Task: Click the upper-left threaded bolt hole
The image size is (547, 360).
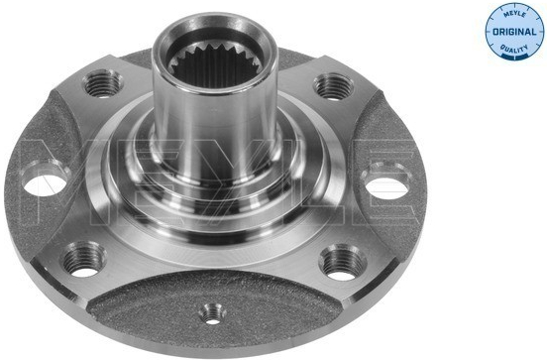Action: (103, 83)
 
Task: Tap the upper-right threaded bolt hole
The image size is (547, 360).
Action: (333, 86)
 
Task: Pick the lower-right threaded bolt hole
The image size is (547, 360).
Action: (343, 262)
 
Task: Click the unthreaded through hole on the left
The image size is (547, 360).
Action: (46, 182)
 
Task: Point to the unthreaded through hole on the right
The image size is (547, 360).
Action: (387, 185)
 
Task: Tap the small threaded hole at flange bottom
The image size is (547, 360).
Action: (213, 314)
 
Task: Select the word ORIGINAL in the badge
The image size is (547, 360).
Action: (514, 32)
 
